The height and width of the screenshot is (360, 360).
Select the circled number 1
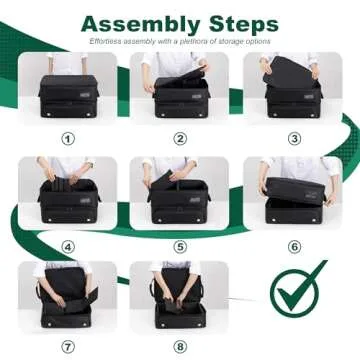68,138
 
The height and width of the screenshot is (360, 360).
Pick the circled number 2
180,138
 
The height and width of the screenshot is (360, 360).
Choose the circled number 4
68,243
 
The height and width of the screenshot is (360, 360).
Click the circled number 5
180,243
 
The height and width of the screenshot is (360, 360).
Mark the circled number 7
68,348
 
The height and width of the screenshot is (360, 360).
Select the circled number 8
180,348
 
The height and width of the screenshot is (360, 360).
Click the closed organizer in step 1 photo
68,95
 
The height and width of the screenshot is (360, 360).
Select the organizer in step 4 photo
68,200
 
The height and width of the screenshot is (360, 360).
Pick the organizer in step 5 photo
180,200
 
